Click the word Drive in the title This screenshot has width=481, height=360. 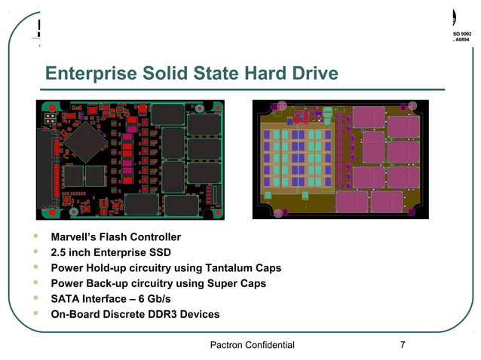point(311,75)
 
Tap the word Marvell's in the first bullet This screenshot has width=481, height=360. point(75,237)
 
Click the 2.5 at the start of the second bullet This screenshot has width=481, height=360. point(60,252)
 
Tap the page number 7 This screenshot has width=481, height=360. point(403,345)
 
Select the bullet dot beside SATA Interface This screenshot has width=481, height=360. point(35,298)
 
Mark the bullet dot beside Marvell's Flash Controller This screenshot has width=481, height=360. point(35,236)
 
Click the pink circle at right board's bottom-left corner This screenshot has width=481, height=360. point(278,213)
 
